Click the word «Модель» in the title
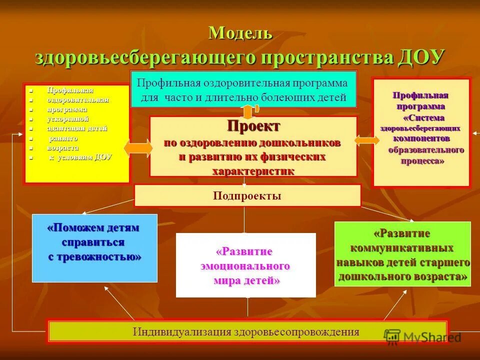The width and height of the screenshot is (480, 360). coord(240,33)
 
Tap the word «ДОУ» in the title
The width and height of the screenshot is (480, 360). coord(421,56)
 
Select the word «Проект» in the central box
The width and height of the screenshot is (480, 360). coord(253,125)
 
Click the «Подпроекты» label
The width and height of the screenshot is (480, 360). coord(247,195)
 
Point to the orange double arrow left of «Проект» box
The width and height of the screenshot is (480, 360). coord(138,147)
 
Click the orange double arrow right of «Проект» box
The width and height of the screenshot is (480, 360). coord(366,140)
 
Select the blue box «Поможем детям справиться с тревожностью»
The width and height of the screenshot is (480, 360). coord(94,248)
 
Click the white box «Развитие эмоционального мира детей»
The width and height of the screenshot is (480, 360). coord(246,265)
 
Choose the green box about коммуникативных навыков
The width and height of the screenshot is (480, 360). coord(402,254)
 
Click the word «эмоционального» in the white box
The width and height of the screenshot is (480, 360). coord(245,265)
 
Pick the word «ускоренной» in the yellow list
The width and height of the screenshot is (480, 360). coord(68,118)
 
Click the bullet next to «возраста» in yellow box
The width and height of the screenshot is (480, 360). coord(31,148)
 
